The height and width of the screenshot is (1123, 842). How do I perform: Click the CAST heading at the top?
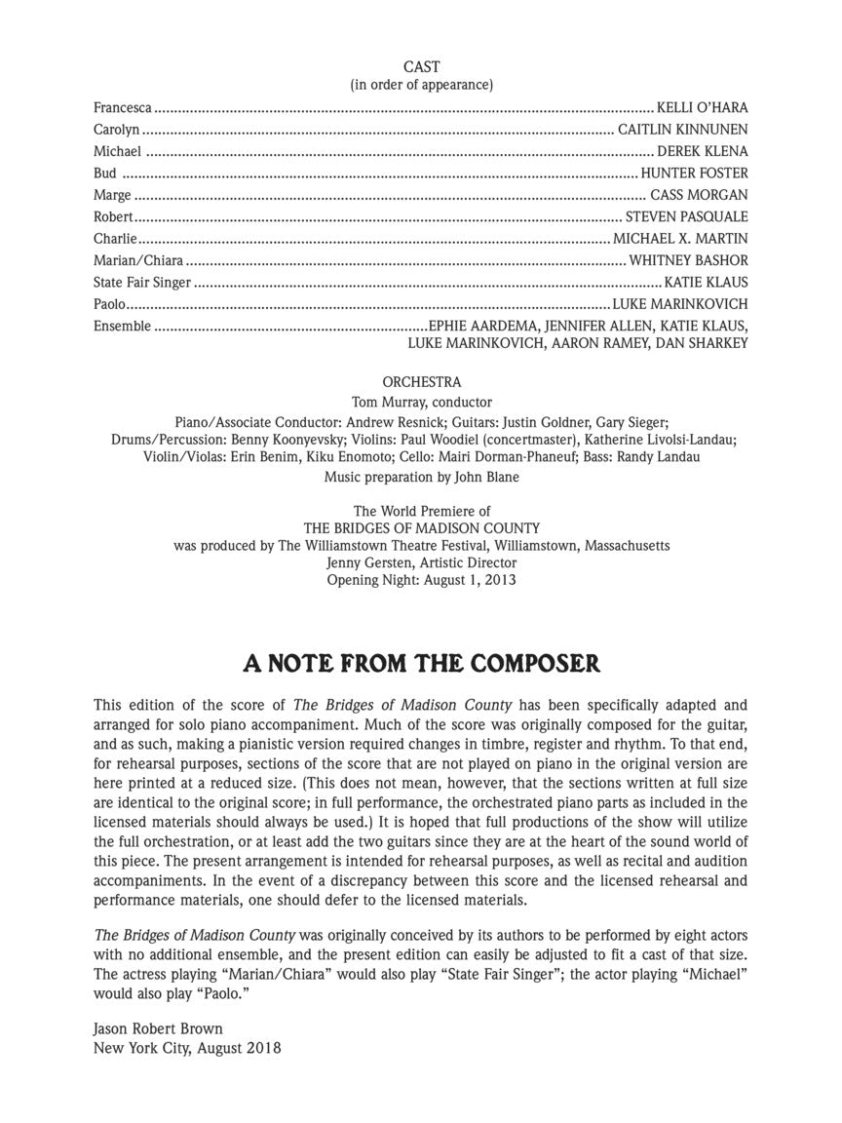(421, 67)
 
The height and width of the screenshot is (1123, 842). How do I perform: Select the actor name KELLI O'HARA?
(703, 108)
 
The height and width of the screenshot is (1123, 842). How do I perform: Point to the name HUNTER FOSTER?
(694, 174)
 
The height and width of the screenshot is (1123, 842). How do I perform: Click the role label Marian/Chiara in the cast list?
(138, 260)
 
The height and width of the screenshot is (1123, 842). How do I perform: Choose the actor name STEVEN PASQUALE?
(686, 217)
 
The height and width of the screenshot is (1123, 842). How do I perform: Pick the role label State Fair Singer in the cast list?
(142, 283)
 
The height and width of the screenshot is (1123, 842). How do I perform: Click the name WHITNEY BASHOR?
(688, 260)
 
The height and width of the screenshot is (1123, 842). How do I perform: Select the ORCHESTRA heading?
(421, 383)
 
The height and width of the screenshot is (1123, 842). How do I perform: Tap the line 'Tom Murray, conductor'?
(421, 402)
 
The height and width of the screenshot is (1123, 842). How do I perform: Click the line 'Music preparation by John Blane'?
(421, 478)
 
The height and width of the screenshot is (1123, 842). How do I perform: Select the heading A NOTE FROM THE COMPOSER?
(421, 664)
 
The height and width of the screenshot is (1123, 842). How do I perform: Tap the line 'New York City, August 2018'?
(187, 1048)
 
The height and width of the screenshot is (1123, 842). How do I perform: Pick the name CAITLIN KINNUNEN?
(682, 130)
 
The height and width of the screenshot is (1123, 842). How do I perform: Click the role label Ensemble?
(122, 326)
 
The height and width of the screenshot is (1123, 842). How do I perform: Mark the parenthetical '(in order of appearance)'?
(421, 85)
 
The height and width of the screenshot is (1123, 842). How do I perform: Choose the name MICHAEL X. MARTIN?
(680, 239)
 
